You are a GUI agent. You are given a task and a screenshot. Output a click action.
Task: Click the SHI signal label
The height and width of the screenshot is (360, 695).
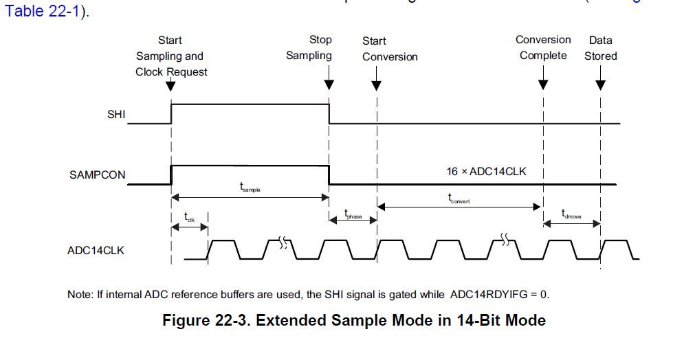(116, 115)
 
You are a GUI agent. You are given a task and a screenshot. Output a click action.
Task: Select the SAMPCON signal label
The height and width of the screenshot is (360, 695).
(98, 175)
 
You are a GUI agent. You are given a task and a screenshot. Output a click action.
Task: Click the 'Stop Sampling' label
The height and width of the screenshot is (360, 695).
(309, 48)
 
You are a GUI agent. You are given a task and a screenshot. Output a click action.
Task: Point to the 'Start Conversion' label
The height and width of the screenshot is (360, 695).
(390, 49)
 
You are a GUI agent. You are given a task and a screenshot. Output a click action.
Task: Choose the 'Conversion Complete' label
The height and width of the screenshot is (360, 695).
(543, 47)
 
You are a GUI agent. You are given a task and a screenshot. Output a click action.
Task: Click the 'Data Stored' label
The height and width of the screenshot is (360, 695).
(601, 48)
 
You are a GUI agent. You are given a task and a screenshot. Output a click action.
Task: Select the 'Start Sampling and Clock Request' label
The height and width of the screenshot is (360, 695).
(171, 56)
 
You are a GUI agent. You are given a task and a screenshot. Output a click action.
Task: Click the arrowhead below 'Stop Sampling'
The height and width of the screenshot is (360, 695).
(329, 85)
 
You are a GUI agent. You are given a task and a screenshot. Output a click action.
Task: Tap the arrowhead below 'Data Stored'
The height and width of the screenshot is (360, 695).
(601, 85)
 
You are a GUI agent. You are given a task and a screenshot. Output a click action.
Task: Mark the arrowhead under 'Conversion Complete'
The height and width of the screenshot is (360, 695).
(543, 85)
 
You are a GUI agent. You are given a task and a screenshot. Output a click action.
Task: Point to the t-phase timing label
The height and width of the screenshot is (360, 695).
(353, 215)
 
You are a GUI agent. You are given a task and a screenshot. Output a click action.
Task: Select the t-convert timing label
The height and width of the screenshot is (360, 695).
(459, 199)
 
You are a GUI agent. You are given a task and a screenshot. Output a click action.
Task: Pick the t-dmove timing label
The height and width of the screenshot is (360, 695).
(571, 214)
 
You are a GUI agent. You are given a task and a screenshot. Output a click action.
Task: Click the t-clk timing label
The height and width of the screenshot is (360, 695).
(190, 216)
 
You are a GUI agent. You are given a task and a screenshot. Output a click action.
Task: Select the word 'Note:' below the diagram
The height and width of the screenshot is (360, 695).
(80, 295)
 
